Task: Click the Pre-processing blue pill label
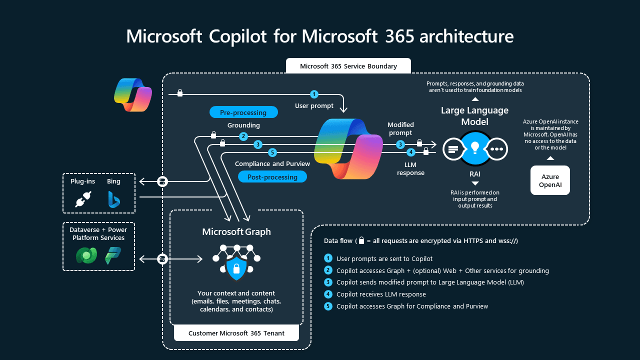point(243,112)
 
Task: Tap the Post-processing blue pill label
point(272,177)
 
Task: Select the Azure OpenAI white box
point(550,180)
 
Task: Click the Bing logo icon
point(114,199)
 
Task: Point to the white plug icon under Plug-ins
point(81,200)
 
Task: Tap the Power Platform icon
point(113,255)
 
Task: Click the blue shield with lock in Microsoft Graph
point(236,269)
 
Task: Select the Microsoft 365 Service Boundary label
point(348,66)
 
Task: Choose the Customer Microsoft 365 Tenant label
point(236,333)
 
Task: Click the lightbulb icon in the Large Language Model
point(475,148)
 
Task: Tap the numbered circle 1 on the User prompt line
point(314,94)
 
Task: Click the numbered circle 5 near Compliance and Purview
point(272,152)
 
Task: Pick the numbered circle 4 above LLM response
point(411,152)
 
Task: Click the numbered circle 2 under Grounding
point(243,136)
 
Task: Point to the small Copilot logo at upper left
point(132,94)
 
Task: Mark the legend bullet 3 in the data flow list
point(328,282)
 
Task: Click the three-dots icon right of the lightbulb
point(497,148)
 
